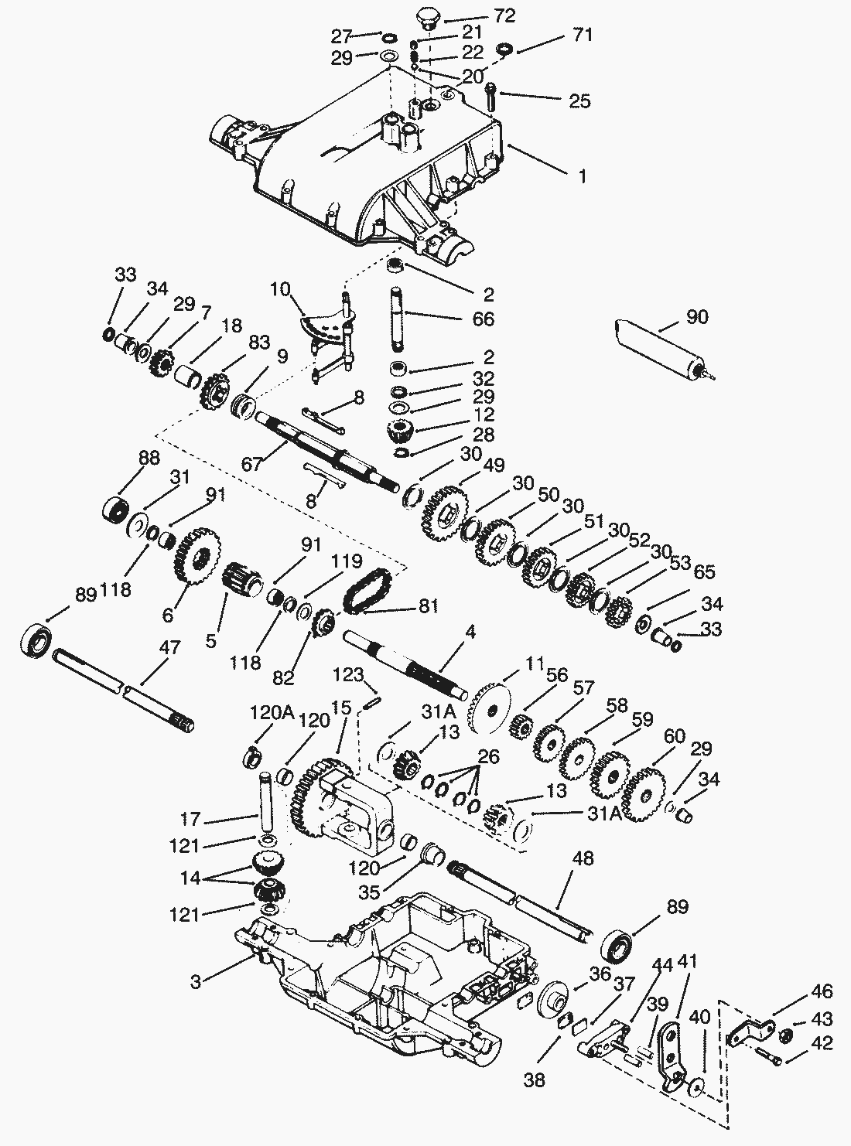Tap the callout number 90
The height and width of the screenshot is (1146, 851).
[x=697, y=317]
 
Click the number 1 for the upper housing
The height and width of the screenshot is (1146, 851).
[x=582, y=176]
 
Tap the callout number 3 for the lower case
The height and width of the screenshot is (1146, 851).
[x=197, y=981]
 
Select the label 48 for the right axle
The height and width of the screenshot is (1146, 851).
[x=586, y=859]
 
